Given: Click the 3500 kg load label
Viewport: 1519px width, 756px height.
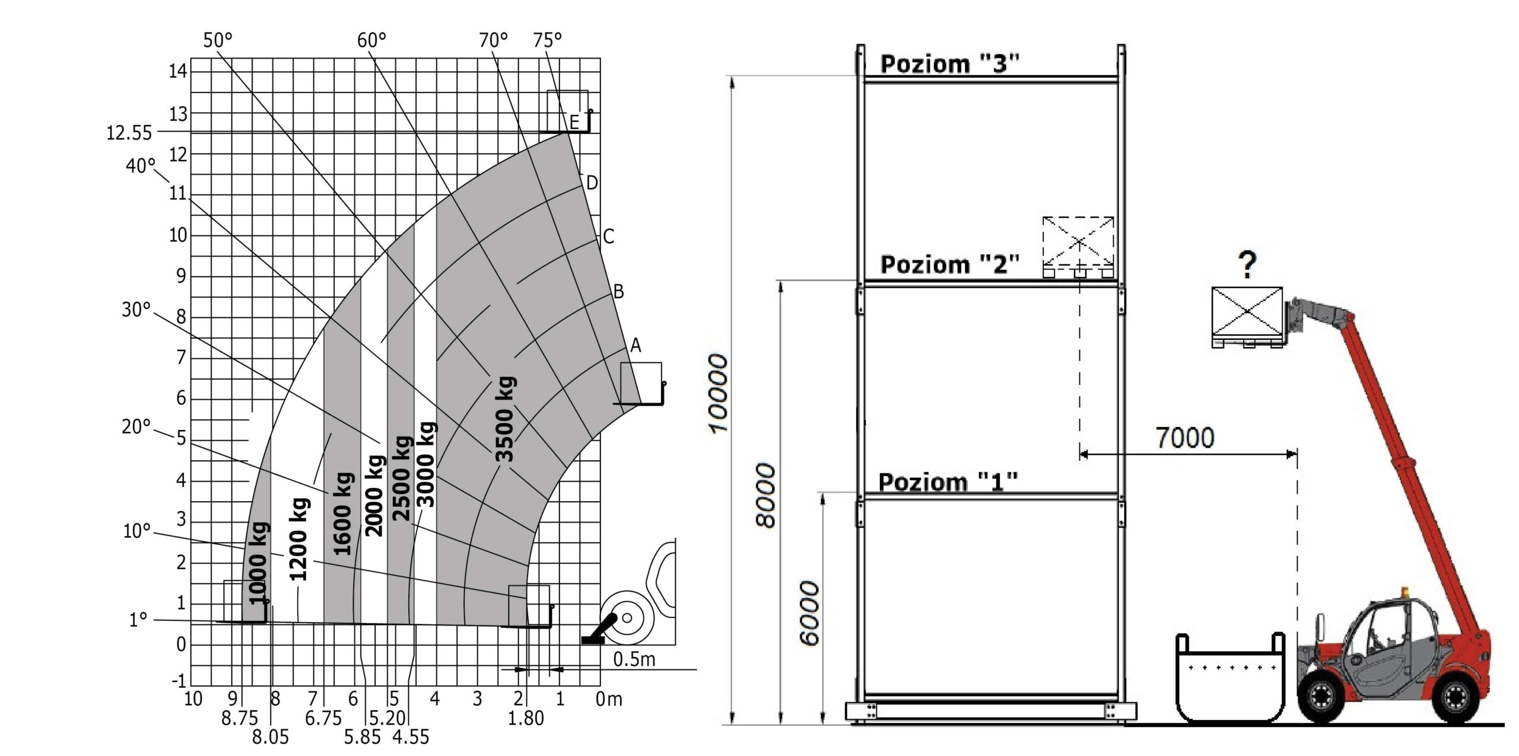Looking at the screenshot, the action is coord(505,419).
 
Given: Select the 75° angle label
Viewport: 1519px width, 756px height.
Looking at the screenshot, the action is coord(547,40).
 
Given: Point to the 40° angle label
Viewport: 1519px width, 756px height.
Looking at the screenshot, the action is coord(141,166).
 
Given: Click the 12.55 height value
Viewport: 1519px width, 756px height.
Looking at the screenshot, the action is coord(129,133).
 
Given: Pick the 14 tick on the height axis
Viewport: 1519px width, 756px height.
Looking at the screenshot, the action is coord(178,71).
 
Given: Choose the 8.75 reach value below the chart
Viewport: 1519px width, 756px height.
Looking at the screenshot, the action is coord(240,719).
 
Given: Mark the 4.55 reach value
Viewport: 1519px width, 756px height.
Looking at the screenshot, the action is coord(411,737).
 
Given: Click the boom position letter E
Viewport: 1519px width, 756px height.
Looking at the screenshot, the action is coord(574,122).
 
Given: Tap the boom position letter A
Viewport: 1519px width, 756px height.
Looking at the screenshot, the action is coord(635,345).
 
